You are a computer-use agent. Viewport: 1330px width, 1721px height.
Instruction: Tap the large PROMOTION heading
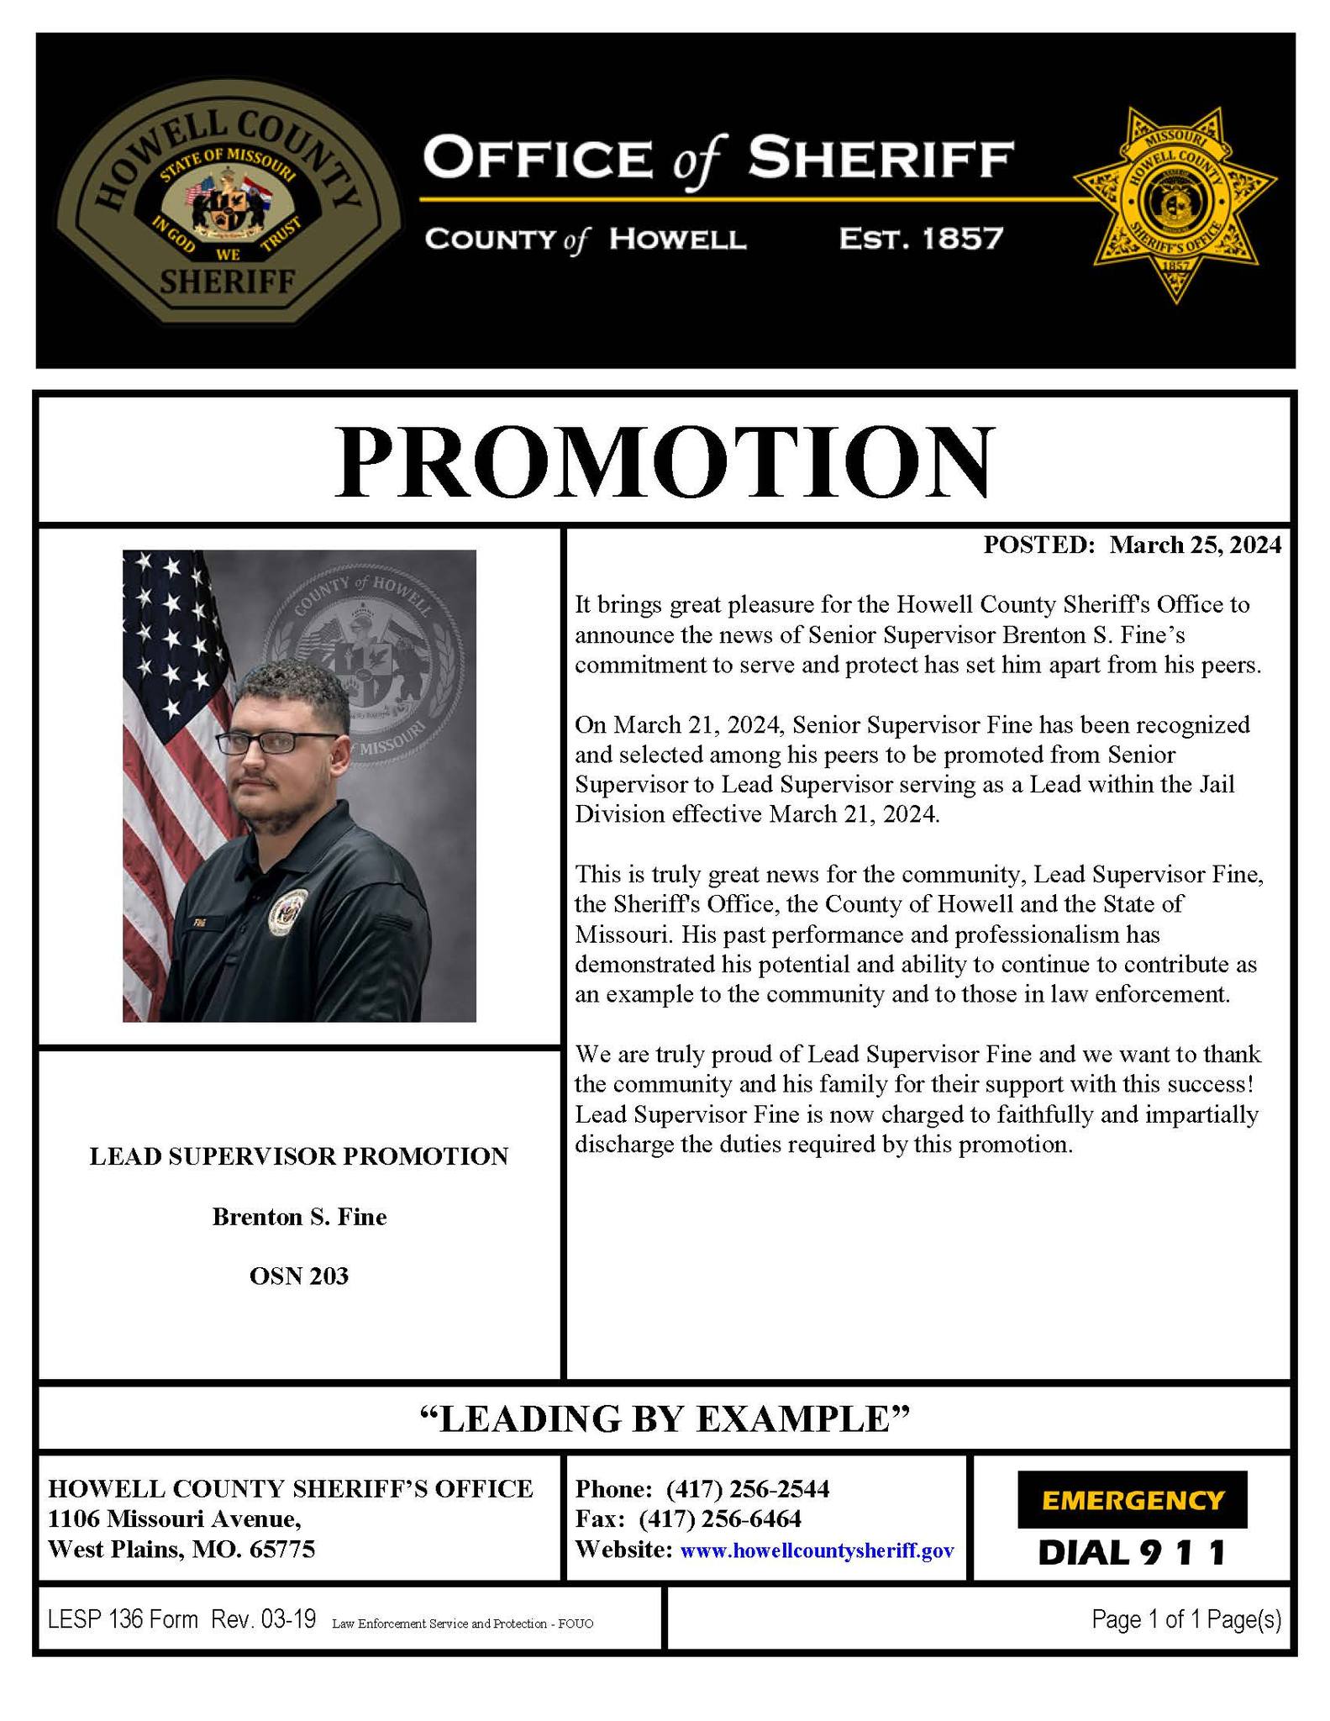click(x=663, y=464)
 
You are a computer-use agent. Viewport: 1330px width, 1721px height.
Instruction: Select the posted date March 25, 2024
click(x=1195, y=545)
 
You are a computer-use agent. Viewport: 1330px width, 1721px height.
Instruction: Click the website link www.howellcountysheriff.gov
click(x=817, y=1550)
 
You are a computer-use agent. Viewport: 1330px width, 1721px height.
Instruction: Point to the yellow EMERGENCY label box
click(x=1132, y=1500)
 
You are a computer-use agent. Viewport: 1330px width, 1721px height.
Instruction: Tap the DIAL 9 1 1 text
click(x=1132, y=1552)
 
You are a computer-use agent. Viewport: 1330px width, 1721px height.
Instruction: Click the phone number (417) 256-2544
click(x=747, y=1489)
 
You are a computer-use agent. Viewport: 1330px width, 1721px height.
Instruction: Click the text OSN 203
click(x=299, y=1276)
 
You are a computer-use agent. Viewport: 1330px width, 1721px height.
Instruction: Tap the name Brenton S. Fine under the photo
click(x=299, y=1217)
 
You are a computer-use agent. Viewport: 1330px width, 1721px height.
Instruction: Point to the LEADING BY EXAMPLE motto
click(x=664, y=1418)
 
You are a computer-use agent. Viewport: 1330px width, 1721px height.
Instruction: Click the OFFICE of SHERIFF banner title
click(x=718, y=160)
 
